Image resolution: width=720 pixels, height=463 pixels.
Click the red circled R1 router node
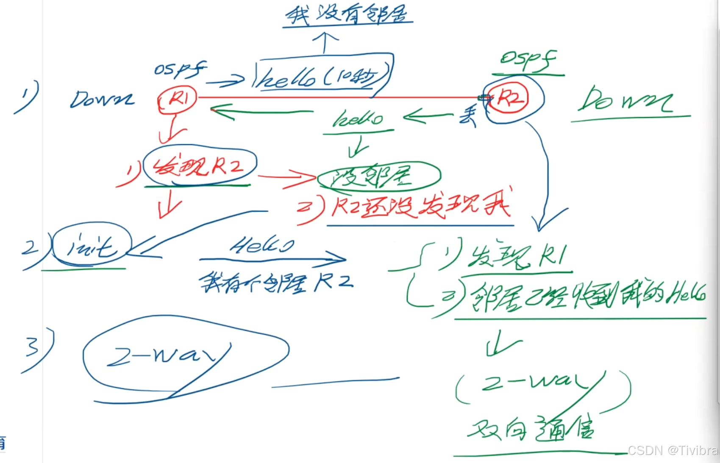pos(178,100)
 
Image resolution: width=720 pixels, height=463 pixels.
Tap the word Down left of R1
pos(102,100)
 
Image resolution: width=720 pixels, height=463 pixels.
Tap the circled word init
pos(91,246)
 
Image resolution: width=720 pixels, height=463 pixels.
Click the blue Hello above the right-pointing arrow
pos(261,245)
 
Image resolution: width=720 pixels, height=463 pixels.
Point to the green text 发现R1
pos(517,256)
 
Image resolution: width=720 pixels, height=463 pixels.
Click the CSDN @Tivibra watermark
pos(673,450)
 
